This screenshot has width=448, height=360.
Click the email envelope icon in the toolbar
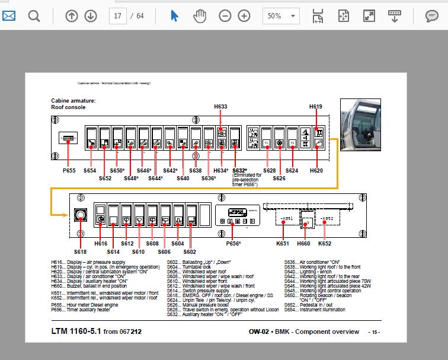9,16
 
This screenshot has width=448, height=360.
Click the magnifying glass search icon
34,16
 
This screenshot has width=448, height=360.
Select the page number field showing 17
117,16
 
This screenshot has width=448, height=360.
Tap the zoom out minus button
225,16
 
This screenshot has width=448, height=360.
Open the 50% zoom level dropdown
281,16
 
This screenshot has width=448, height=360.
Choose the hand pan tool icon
200,16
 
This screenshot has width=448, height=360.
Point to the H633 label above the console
220,107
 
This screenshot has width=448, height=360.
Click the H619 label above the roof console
316,107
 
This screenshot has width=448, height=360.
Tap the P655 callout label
69,171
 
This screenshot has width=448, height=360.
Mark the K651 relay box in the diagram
286,219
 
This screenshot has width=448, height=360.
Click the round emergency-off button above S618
80,216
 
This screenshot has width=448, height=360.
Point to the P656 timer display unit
235,216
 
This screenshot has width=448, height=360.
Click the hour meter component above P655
68,140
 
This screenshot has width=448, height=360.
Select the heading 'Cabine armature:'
72,101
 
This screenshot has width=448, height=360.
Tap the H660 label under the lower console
303,244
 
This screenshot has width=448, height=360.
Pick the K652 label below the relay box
325,244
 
